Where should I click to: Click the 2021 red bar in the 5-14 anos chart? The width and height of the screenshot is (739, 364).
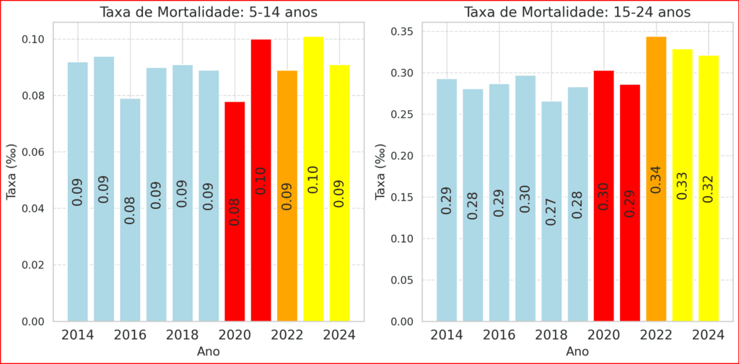(x=261, y=180)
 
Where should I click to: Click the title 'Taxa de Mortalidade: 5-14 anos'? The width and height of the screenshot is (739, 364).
(x=209, y=12)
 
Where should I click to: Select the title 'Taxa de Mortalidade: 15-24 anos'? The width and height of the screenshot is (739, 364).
(x=577, y=12)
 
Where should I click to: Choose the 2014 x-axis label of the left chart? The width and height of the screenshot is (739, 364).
(x=77, y=335)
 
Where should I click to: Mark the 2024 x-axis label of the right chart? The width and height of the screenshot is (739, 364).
(x=709, y=335)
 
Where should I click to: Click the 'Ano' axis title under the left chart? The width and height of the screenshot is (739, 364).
(x=209, y=352)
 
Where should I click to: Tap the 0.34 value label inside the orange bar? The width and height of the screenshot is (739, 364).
(x=656, y=179)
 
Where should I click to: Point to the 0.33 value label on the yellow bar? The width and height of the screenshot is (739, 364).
(x=682, y=185)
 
